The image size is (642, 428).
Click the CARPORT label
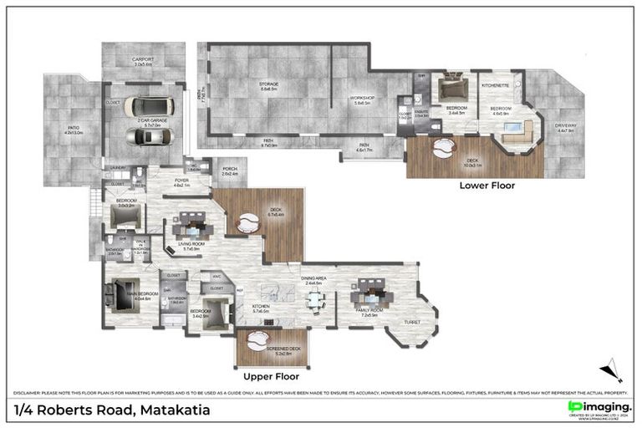point(143,60)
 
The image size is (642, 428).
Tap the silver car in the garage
point(150,138)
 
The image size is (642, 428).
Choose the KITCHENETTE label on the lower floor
point(497,85)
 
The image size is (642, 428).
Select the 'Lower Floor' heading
point(487,185)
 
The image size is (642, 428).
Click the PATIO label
point(64,130)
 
